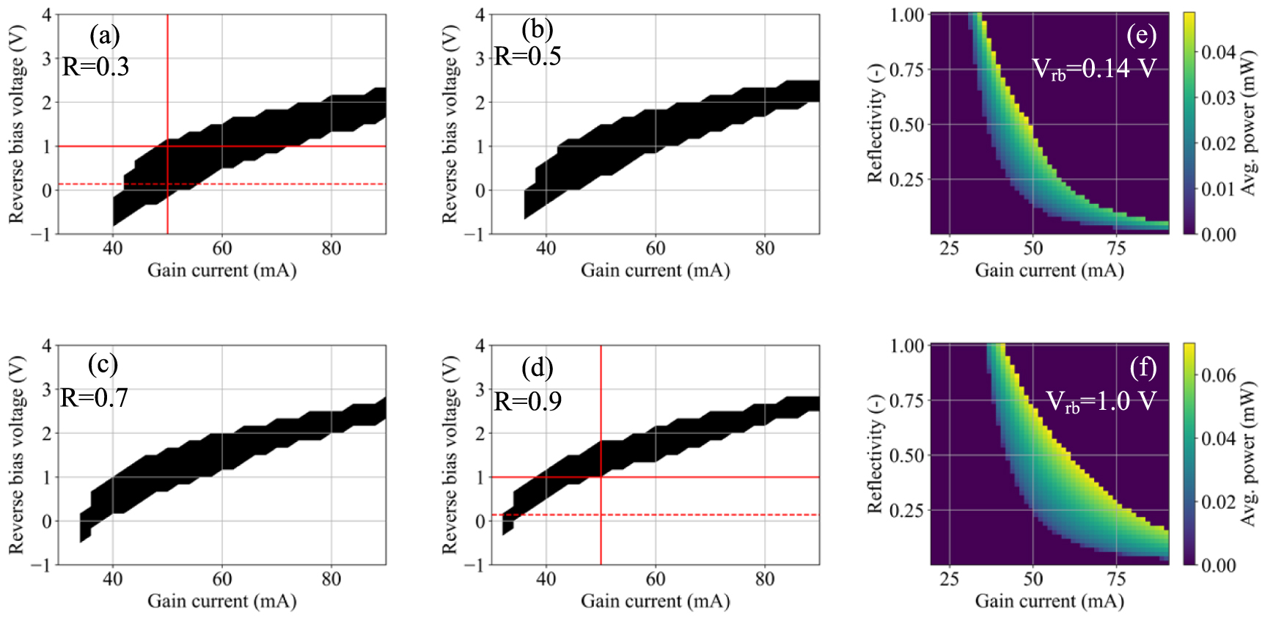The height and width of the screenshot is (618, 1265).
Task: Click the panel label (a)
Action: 104,35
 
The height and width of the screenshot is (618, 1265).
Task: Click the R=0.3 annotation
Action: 95,67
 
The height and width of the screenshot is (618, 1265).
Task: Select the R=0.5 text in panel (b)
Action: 527,56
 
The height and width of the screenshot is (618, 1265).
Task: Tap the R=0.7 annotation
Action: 94,398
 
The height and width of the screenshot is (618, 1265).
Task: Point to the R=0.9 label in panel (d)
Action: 527,402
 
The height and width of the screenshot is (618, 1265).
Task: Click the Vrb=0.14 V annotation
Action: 1093,69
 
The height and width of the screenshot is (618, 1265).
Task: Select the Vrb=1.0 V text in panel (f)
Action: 1100,402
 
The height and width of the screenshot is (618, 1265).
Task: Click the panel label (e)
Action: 1141,34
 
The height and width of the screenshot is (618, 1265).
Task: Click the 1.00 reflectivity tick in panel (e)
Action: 906,15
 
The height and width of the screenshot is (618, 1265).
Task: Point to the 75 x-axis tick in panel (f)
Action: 1116,579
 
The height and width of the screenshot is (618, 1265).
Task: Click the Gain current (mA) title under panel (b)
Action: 655,271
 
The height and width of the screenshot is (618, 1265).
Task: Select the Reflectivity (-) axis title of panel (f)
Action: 874,455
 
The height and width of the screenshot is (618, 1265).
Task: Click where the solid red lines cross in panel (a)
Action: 168,146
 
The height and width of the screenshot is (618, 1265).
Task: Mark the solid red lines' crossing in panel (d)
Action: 601,477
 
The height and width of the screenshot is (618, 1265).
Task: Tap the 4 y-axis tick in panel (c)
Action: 47,345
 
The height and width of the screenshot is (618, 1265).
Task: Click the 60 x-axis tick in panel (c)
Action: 221,579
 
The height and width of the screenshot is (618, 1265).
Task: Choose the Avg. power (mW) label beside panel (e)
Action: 1248,122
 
